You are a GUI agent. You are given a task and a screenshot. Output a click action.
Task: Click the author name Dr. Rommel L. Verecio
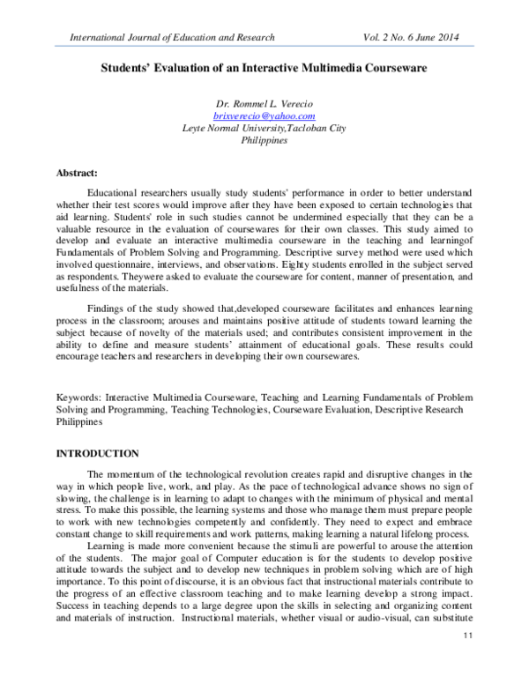[264, 104]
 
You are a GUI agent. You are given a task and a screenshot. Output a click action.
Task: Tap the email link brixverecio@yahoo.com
[264, 115]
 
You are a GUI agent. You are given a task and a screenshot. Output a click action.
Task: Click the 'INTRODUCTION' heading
[97, 453]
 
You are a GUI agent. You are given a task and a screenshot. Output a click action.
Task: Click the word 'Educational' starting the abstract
[116, 192]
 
